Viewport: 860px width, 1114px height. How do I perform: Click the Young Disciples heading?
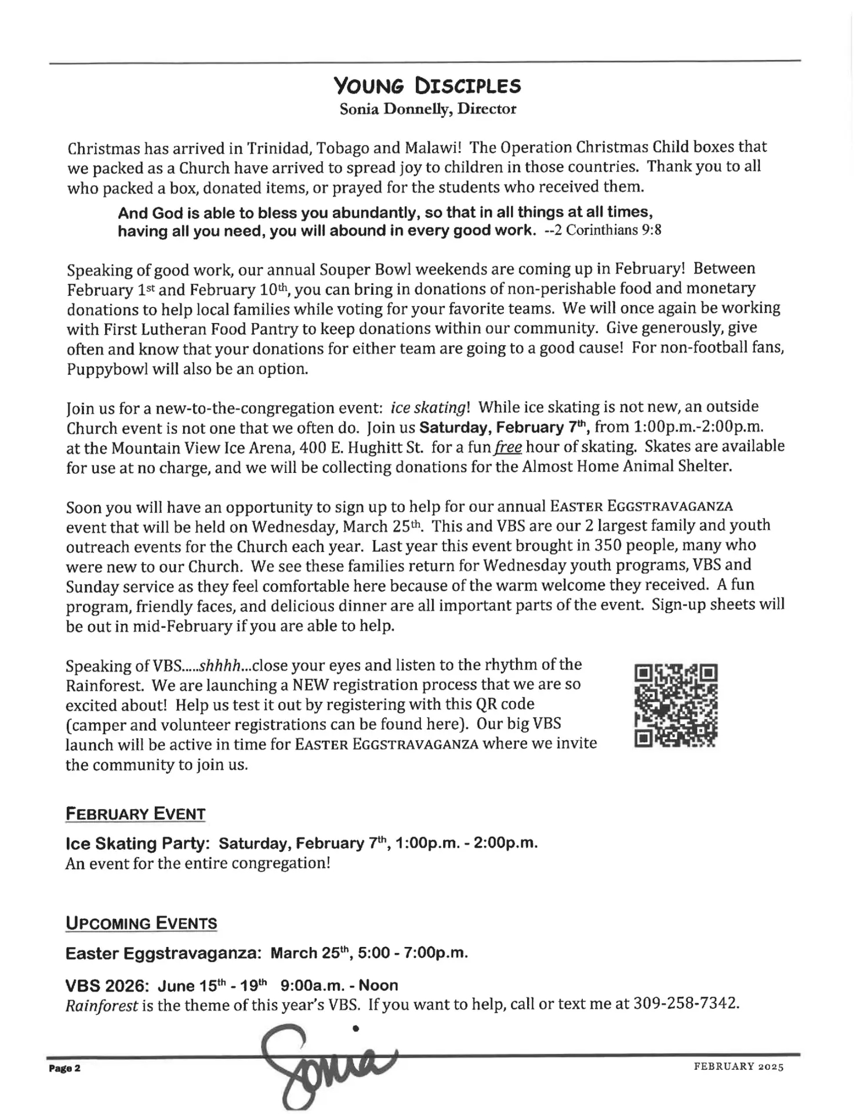tap(427, 86)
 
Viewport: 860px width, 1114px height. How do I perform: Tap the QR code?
tap(676, 706)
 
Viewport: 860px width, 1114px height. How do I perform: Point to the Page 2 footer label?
tap(64, 1068)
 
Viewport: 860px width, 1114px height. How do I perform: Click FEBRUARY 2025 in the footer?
tap(738, 1066)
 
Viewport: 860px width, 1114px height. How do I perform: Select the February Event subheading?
tap(136, 814)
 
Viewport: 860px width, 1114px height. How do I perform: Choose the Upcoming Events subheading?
tap(141, 924)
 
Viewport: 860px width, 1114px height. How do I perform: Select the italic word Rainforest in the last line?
tap(101, 1005)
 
